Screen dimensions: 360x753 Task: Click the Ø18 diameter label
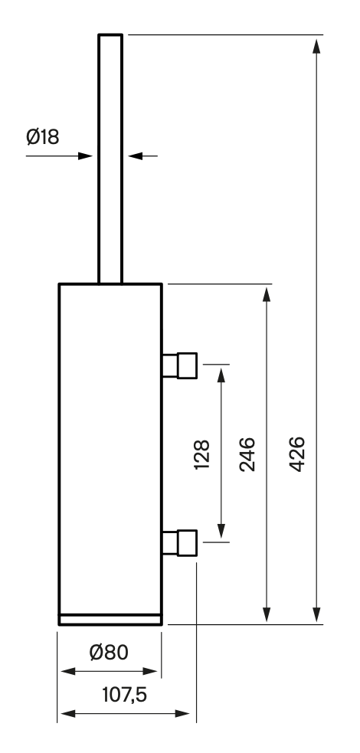[43, 137]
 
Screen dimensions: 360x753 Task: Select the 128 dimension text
[202, 453]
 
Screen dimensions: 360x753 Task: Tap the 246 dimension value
[247, 453]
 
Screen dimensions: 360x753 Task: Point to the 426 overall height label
[297, 453]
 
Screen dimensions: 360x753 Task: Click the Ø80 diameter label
[109, 652]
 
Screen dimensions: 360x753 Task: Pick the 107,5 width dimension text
[124, 695]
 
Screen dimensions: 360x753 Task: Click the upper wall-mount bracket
[179, 365]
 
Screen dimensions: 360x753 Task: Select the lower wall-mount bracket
[179, 542]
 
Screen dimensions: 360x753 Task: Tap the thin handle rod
[110, 159]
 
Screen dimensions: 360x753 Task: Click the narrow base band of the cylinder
[110, 620]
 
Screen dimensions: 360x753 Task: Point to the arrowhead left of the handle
[85, 156]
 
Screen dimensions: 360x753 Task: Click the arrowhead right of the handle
[136, 156]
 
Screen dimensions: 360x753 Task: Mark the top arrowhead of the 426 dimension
[316, 46]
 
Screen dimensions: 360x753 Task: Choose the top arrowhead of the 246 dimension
[267, 294]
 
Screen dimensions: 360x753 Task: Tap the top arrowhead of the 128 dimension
[221, 375]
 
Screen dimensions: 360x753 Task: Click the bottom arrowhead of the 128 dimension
[221, 532]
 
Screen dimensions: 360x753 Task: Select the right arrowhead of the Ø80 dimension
[150, 671]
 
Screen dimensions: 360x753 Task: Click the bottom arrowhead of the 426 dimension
[316, 614]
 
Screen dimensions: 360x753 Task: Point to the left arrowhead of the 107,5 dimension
[69, 714]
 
